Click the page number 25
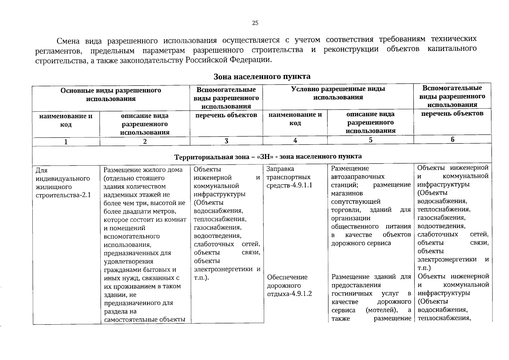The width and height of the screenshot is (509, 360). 255,23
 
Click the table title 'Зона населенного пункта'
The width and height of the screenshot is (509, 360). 262,76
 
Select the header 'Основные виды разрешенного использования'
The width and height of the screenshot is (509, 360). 111,94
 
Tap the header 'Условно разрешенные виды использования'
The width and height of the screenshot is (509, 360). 338,93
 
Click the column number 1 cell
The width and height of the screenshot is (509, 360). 66,142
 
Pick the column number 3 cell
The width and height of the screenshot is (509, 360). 226,141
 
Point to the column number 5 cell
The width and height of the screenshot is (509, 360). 370,140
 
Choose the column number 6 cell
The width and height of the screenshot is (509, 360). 452,139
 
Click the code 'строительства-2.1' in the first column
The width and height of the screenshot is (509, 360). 63,195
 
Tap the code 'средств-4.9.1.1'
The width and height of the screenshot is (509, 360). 289,185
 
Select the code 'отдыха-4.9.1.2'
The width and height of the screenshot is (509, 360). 289,294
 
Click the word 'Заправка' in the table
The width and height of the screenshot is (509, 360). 280,169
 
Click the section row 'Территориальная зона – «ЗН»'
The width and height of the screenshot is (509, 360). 268,156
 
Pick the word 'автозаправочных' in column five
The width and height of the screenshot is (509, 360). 358,177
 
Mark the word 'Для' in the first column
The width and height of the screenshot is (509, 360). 41,170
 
